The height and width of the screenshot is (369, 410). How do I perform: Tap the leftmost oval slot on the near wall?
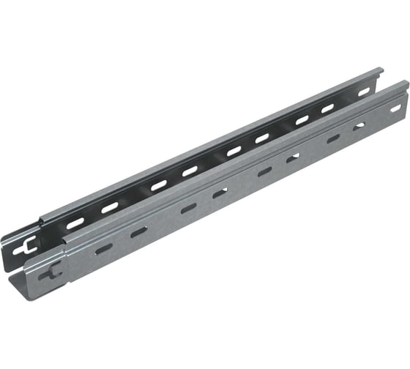(103, 249)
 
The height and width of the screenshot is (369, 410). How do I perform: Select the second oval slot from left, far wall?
(109, 207)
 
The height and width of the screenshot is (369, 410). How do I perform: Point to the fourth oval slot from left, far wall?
(190, 171)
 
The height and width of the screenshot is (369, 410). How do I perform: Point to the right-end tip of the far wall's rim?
(381, 70)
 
